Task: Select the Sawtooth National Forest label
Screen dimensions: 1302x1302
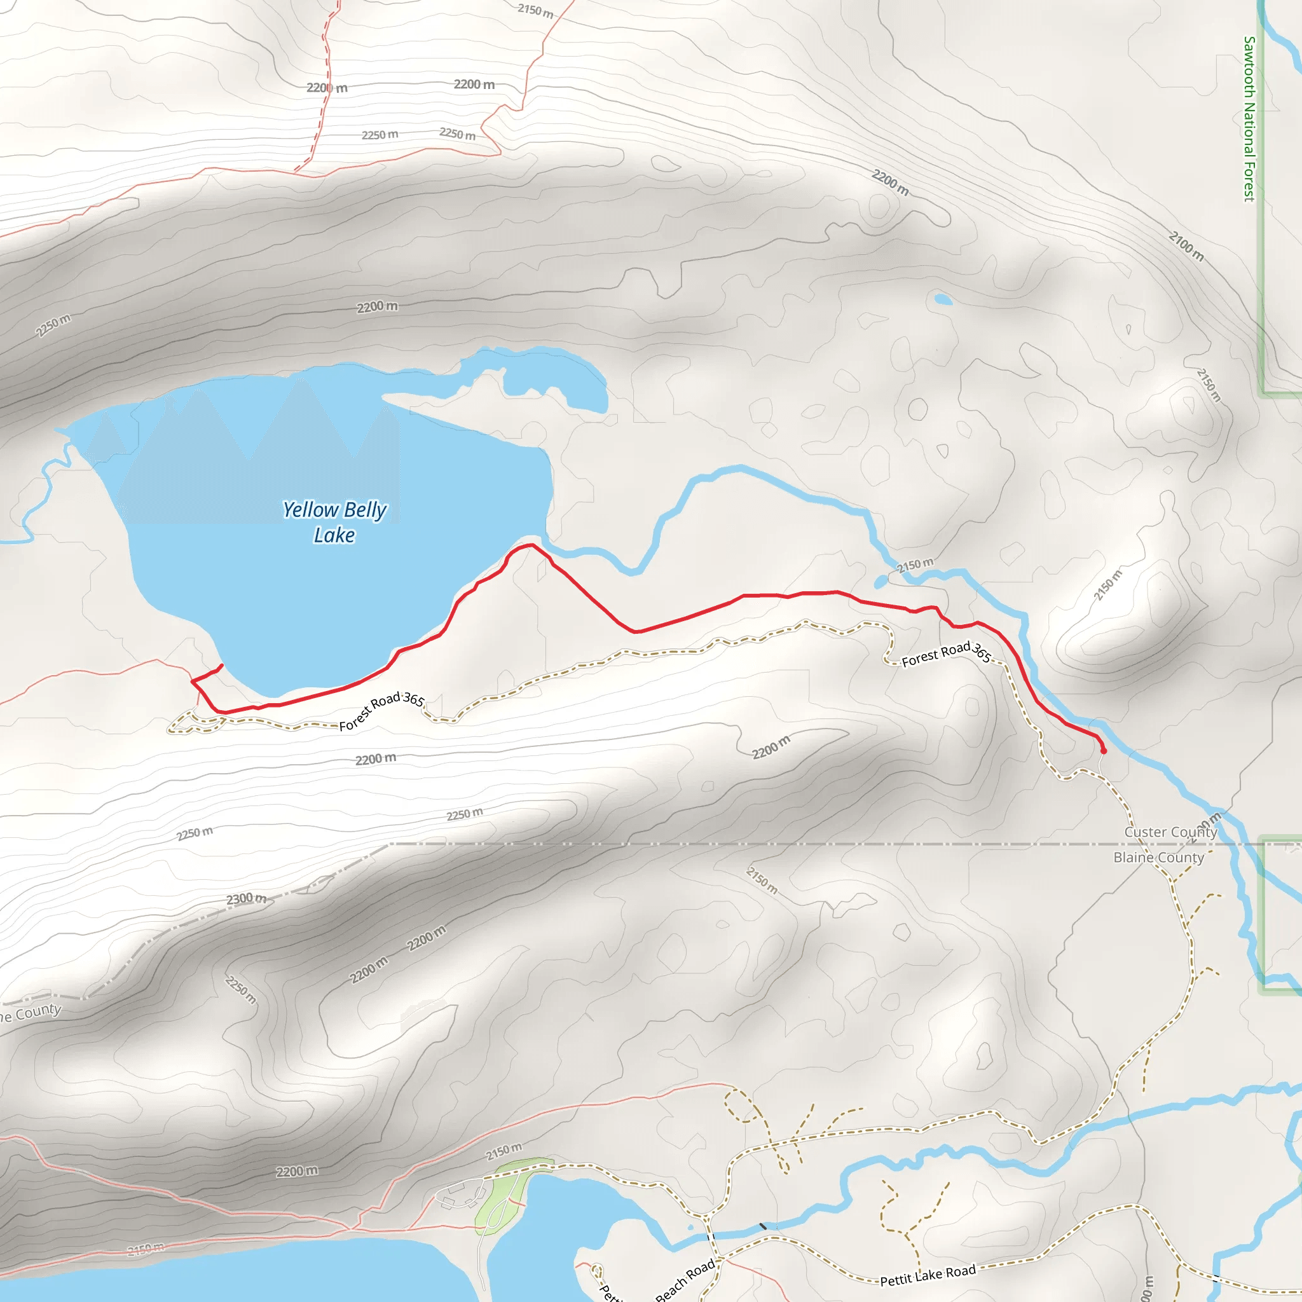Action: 1249,119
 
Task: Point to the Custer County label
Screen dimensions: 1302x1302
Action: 1170,832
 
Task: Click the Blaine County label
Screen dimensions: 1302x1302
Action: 1158,858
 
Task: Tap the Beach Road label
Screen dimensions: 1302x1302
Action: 685,1280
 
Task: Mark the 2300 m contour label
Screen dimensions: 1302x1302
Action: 246,899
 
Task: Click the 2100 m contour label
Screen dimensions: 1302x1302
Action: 1186,246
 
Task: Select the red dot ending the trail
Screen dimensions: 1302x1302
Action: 1103,751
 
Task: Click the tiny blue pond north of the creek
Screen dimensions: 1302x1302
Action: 943,299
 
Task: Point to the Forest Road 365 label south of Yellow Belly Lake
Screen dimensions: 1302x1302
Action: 381,710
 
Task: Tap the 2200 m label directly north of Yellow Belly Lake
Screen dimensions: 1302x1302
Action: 378,306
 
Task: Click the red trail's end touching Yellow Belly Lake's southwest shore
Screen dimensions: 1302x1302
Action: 222,666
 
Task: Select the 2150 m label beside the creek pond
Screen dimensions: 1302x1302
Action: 915,565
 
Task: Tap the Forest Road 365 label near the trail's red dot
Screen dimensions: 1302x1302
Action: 946,653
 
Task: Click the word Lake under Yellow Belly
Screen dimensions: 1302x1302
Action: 334,535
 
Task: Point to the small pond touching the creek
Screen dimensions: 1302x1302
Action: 881,582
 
